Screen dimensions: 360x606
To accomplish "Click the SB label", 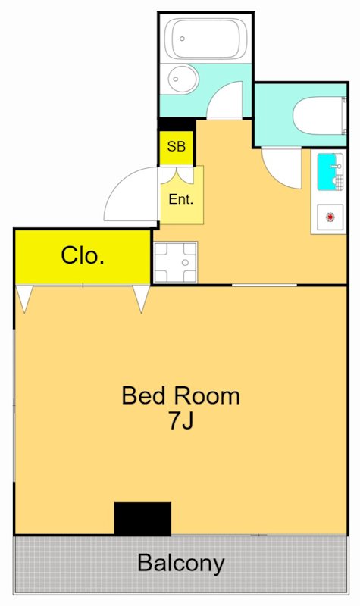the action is point(177,146).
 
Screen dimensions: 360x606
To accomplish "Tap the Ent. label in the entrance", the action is point(181,199).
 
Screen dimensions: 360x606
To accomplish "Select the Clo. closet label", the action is point(83,255).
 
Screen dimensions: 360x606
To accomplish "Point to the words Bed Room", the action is point(181,395).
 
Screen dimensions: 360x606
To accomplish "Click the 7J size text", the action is point(180,420).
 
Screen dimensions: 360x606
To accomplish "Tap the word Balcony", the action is point(181,563).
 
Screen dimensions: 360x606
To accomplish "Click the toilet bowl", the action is point(318,116).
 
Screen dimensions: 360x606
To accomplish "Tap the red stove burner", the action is point(330,217).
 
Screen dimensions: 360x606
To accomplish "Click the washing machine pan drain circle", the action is point(185,263).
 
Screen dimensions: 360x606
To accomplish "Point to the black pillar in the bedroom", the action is point(142,519).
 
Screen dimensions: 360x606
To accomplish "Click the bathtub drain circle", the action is point(182,39).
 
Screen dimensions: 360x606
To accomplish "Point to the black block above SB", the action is point(177,124).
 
